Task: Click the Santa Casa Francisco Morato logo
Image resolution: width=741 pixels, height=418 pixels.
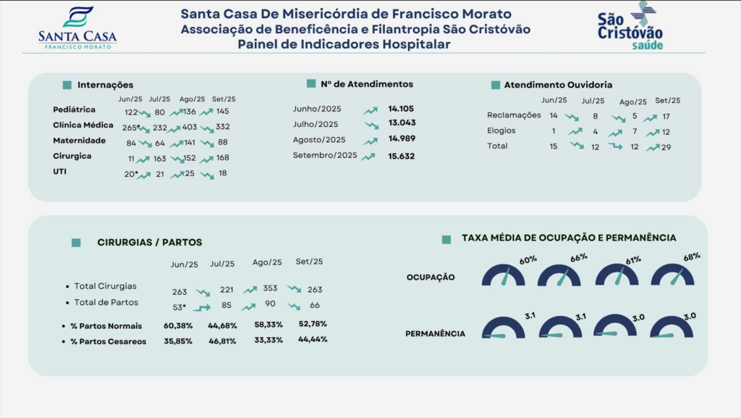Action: [77, 28]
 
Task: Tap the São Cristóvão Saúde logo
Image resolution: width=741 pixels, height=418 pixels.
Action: [630, 27]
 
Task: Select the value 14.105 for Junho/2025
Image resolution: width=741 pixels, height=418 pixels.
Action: [401, 109]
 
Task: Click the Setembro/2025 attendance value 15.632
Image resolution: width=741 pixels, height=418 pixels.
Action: [401, 156]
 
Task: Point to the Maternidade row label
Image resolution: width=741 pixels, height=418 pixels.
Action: [80, 141]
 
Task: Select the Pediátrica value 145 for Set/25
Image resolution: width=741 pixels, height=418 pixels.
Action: [222, 111]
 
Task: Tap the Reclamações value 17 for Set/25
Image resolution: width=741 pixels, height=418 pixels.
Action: [666, 116]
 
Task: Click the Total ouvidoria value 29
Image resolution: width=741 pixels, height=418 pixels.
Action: [666, 147]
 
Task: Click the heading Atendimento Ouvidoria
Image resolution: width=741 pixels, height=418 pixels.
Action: [558, 85]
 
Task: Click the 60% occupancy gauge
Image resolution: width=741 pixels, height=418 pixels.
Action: [504, 275]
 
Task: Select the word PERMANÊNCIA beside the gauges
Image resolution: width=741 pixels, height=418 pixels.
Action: [435, 334]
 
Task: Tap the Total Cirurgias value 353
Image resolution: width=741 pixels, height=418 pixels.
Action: [270, 288]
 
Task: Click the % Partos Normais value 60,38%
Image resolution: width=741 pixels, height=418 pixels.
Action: [178, 325]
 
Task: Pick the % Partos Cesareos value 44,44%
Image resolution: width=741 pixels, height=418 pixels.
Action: [313, 339]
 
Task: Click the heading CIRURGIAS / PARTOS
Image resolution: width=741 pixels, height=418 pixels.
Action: [150, 243]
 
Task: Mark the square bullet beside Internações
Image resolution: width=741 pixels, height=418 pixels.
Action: [67, 85]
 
